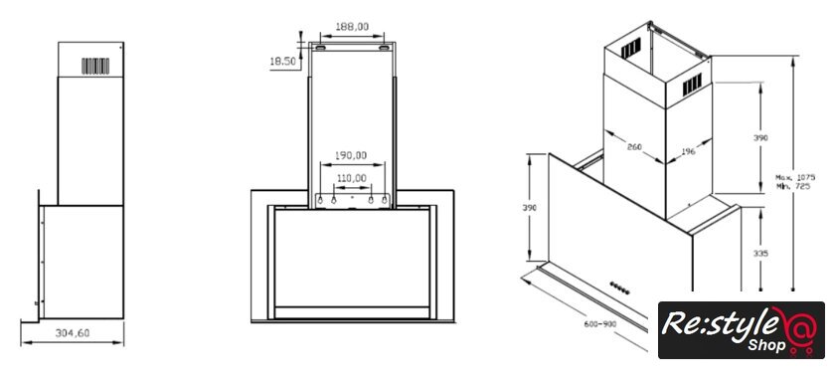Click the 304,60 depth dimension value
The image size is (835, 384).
(x=73, y=333)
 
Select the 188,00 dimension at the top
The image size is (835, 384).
(x=352, y=26)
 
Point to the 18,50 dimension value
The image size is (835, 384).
(x=282, y=62)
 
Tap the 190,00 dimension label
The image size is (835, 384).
(x=351, y=155)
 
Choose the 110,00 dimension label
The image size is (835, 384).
(x=351, y=178)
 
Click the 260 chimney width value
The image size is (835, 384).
(x=634, y=147)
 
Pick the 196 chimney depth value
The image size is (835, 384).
(x=688, y=152)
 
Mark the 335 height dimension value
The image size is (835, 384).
(x=761, y=254)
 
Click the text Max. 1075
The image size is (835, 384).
(x=795, y=177)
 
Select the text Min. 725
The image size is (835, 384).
(x=793, y=186)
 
